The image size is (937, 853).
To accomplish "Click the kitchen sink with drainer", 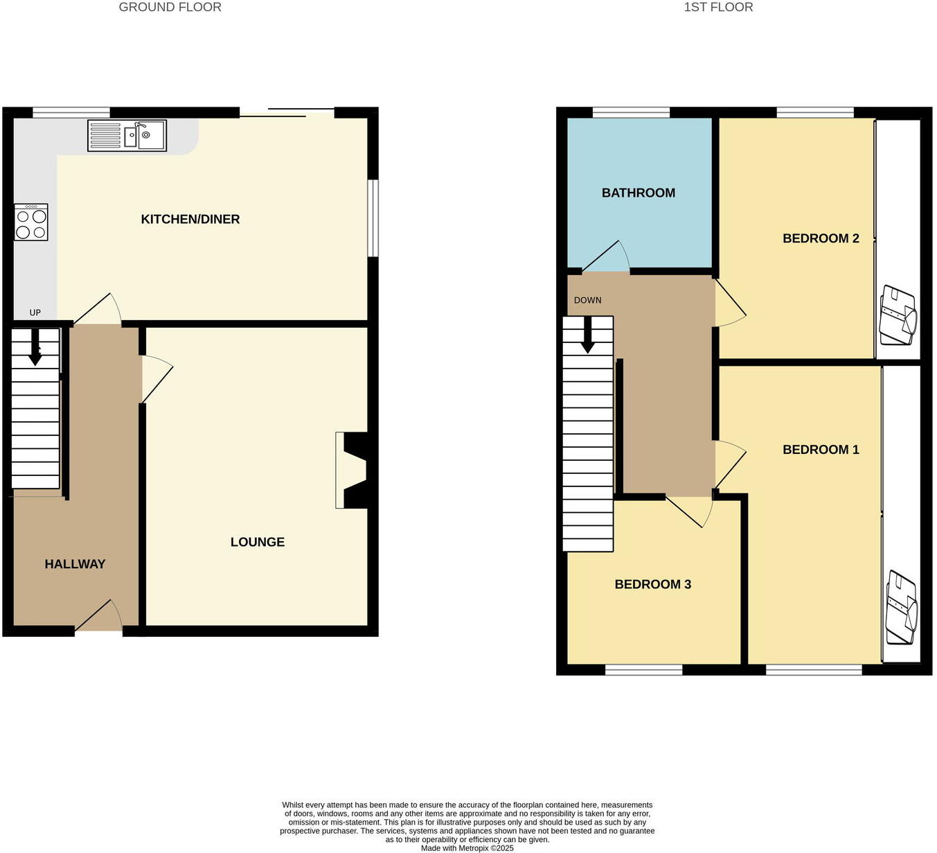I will [x=127, y=135].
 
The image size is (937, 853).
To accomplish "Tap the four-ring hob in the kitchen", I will [x=31, y=222].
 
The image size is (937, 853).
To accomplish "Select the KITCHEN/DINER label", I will [x=190, y=219].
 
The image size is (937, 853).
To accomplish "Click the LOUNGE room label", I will [x=257, y=542].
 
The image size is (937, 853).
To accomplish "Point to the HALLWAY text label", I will [x=75, y=564].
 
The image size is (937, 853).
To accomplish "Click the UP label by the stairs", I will [x=35, y=313].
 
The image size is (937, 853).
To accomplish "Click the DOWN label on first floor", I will [x=587, y=300].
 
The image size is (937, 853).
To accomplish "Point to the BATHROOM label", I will [x=638, y=193].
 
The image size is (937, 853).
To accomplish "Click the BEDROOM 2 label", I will [x=821, y=238].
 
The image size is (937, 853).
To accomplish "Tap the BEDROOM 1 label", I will [x=821, y=450].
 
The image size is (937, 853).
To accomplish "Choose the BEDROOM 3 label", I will [x=652, y=584].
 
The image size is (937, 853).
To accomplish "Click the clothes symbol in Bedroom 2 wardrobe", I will [x=898, y=315].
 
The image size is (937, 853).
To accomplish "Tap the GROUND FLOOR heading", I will [x=170, y=8].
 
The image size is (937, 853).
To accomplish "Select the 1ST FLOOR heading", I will [x=718, y=8].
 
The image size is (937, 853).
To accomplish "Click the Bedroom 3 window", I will [x=643, y=669].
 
